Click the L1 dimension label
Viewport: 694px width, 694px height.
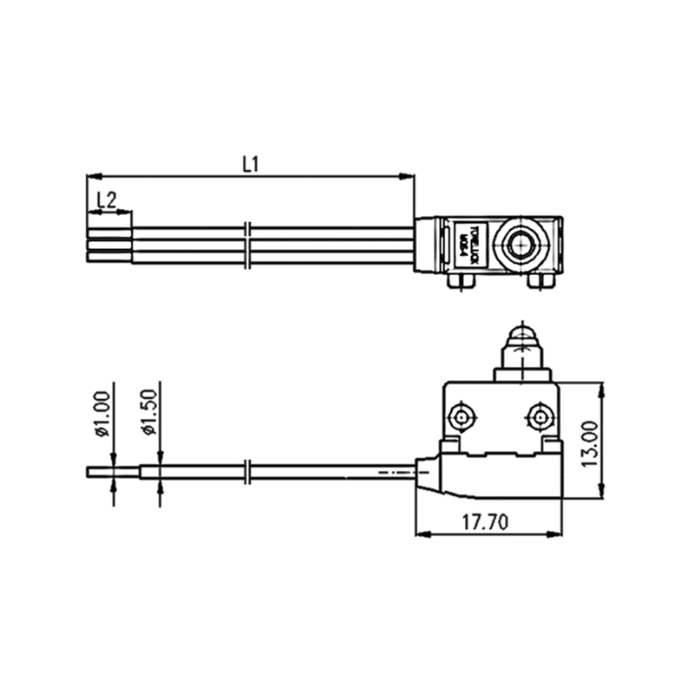pyautogui.click(x=252, y=163)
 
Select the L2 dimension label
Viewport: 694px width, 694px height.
pyautogui.click(x=107, y=200)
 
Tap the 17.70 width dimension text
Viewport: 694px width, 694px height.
pyautogui.click(x=484, y=522)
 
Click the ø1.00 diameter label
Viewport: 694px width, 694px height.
pyautogui.click(x=102, y=414)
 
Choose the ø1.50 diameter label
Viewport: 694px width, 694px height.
pyautogui.click(x=148, y=414)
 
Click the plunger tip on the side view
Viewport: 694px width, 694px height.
pyautogui.click(x=521, y=334)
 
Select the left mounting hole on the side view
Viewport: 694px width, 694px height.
pyautogui.click(x=462, y=417)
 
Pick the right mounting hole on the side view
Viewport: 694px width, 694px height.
pyautogui.click(x=541, y=417)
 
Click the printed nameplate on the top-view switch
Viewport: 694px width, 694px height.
pyautogui.click(x=468, y=246)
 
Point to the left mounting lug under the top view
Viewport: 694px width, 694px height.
pyautogui.click(x=460, y=281)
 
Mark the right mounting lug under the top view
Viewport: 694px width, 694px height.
pyautogui.click(x=541, y=281)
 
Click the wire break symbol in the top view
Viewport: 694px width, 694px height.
pyautogui.click(x=249, y=245)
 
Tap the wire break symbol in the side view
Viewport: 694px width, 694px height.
pyautogui.click(x=249, y=474)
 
